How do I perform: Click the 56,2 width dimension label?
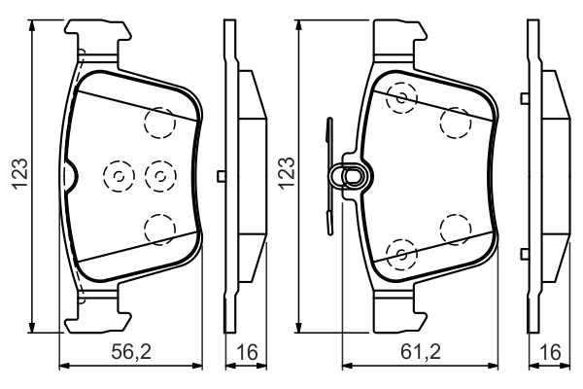tap(131, 351)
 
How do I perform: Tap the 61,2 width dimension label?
tap(420, 351)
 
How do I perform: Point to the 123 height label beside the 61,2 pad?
tap(287, 174)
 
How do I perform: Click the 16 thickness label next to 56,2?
tap(247, 351)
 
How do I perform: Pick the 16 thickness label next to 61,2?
tap(550, 351)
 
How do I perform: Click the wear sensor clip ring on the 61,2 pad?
tap(350, 176)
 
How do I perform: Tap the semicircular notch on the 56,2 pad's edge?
tap(70, 176)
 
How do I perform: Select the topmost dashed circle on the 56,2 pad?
tap(160, 123)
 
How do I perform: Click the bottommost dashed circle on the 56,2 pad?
tap(160, 230)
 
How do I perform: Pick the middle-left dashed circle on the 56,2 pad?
tap(119, 176)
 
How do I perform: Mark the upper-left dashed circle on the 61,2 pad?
tap(401, 98)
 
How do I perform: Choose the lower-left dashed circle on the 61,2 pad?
tap(401, 254)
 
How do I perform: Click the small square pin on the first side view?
tap(222, 176)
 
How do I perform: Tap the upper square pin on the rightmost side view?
tap(525, 98)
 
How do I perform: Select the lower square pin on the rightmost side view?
tap(525, 254)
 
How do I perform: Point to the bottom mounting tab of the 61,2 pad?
tap(400, 311)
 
